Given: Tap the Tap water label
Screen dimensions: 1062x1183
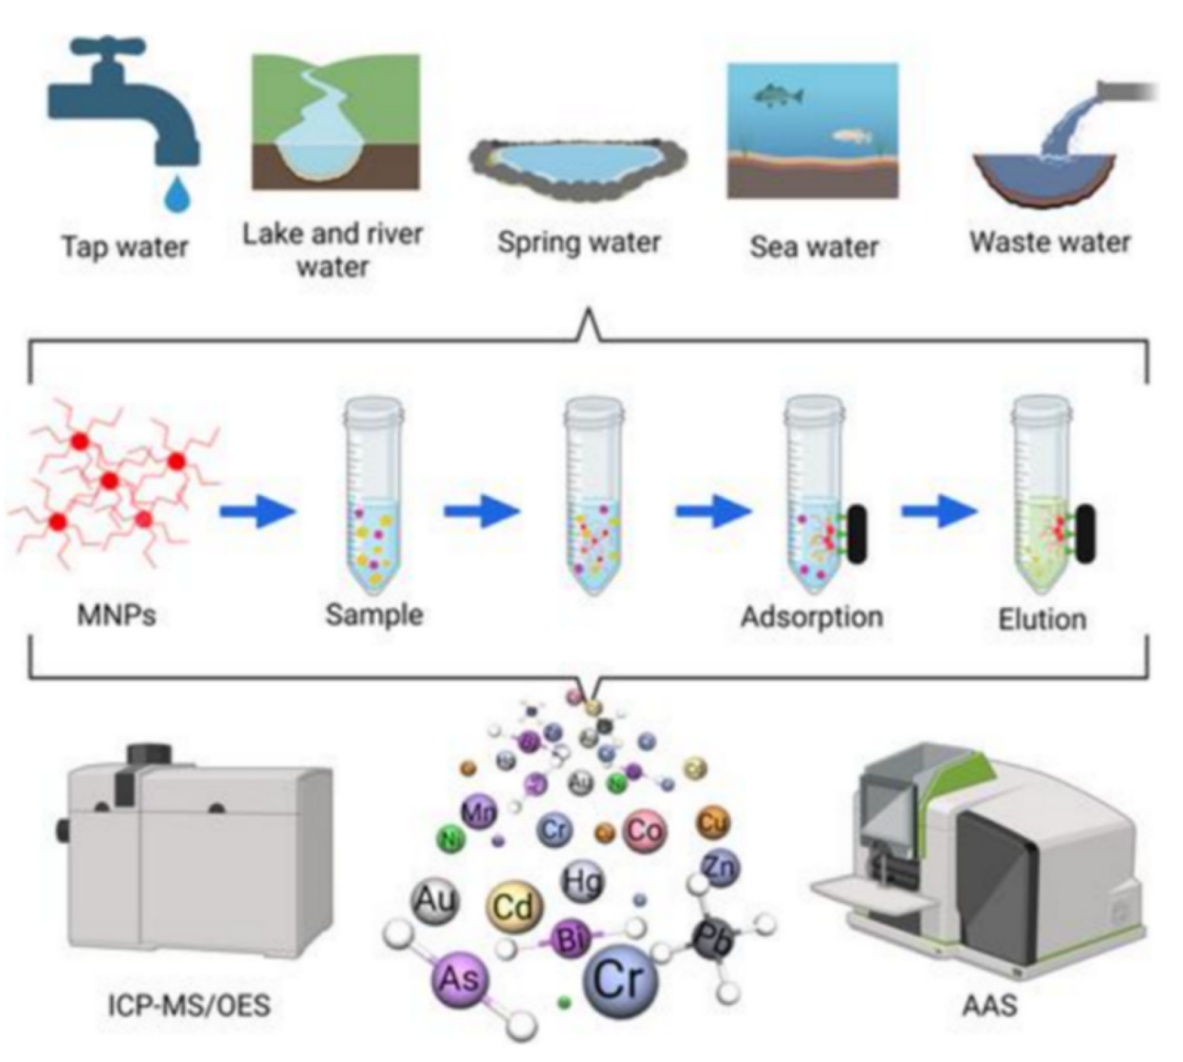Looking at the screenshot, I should pos(125,247).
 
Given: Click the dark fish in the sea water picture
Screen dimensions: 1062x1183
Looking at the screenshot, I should pos(777,95).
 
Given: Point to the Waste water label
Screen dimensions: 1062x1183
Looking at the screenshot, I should pos(1049,242).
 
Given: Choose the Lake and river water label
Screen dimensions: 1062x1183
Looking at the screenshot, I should pos(332,250).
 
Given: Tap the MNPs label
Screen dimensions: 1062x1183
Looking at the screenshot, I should pos(116,615).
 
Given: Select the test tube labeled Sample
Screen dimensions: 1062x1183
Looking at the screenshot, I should pos(374,495).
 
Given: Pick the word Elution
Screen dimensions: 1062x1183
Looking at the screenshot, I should pos(1042,619).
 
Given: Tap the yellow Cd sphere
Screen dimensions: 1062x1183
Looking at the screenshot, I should pos(515,907).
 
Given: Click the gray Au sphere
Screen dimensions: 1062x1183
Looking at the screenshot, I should pos(435,901).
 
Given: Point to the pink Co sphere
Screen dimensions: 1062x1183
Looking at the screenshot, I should pos(645,830).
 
